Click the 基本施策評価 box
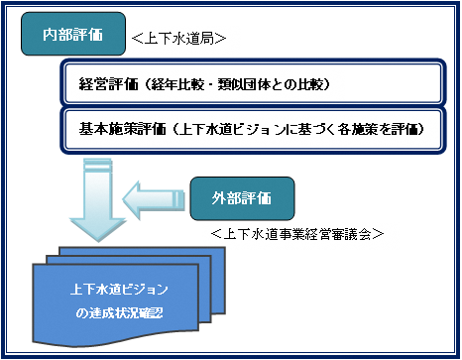253,130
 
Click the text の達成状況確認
118,312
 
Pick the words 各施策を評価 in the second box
382,130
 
